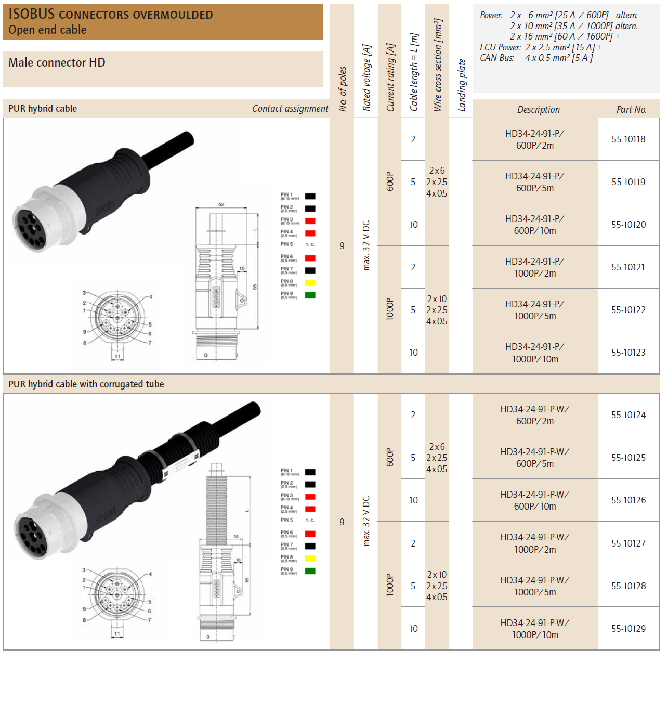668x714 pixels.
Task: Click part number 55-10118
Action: pyautogui.click(x=628, y=139)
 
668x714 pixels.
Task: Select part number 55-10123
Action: pyautogui.click(x=628, y=353)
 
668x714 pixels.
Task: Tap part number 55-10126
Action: pyautogui.click(x=628, y=500)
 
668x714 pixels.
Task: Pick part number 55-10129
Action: pyautogui.click(x=628, y=629)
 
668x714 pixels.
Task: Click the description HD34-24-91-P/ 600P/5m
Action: pyautogui.click(x=534, y=182)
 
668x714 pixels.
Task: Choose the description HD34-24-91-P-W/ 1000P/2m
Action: pyautogui.click(x=534, y=543)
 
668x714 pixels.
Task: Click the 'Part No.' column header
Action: pyautogui.click(x=631, y=110)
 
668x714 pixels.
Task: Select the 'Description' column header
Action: pyautogui.click(x=538, y=110)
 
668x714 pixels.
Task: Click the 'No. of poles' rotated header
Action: pyautogui.click(x=343, y=88)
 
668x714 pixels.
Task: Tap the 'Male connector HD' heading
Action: pyautogui.click(x=57, y=63)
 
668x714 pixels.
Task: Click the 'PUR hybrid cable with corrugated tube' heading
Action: pyautogui.click(x=86, y=384)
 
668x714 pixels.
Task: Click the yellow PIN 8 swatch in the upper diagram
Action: pyautogui.click(x=310, y=283)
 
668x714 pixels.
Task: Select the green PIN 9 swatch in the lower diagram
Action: pyautogui.click(x=310, y=571)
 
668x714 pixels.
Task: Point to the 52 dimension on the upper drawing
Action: pyautogui.click(x=221, y=205)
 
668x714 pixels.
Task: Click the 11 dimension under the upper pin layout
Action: pyautogui.click(x=117, y=357)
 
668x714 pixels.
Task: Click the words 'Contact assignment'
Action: pyautogui.click(x=290, y=109)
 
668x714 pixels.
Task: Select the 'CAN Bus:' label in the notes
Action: pyautogui.click(x=496, y=58)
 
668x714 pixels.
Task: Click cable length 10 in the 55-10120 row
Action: pyautogui.click(x=413, y=225)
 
